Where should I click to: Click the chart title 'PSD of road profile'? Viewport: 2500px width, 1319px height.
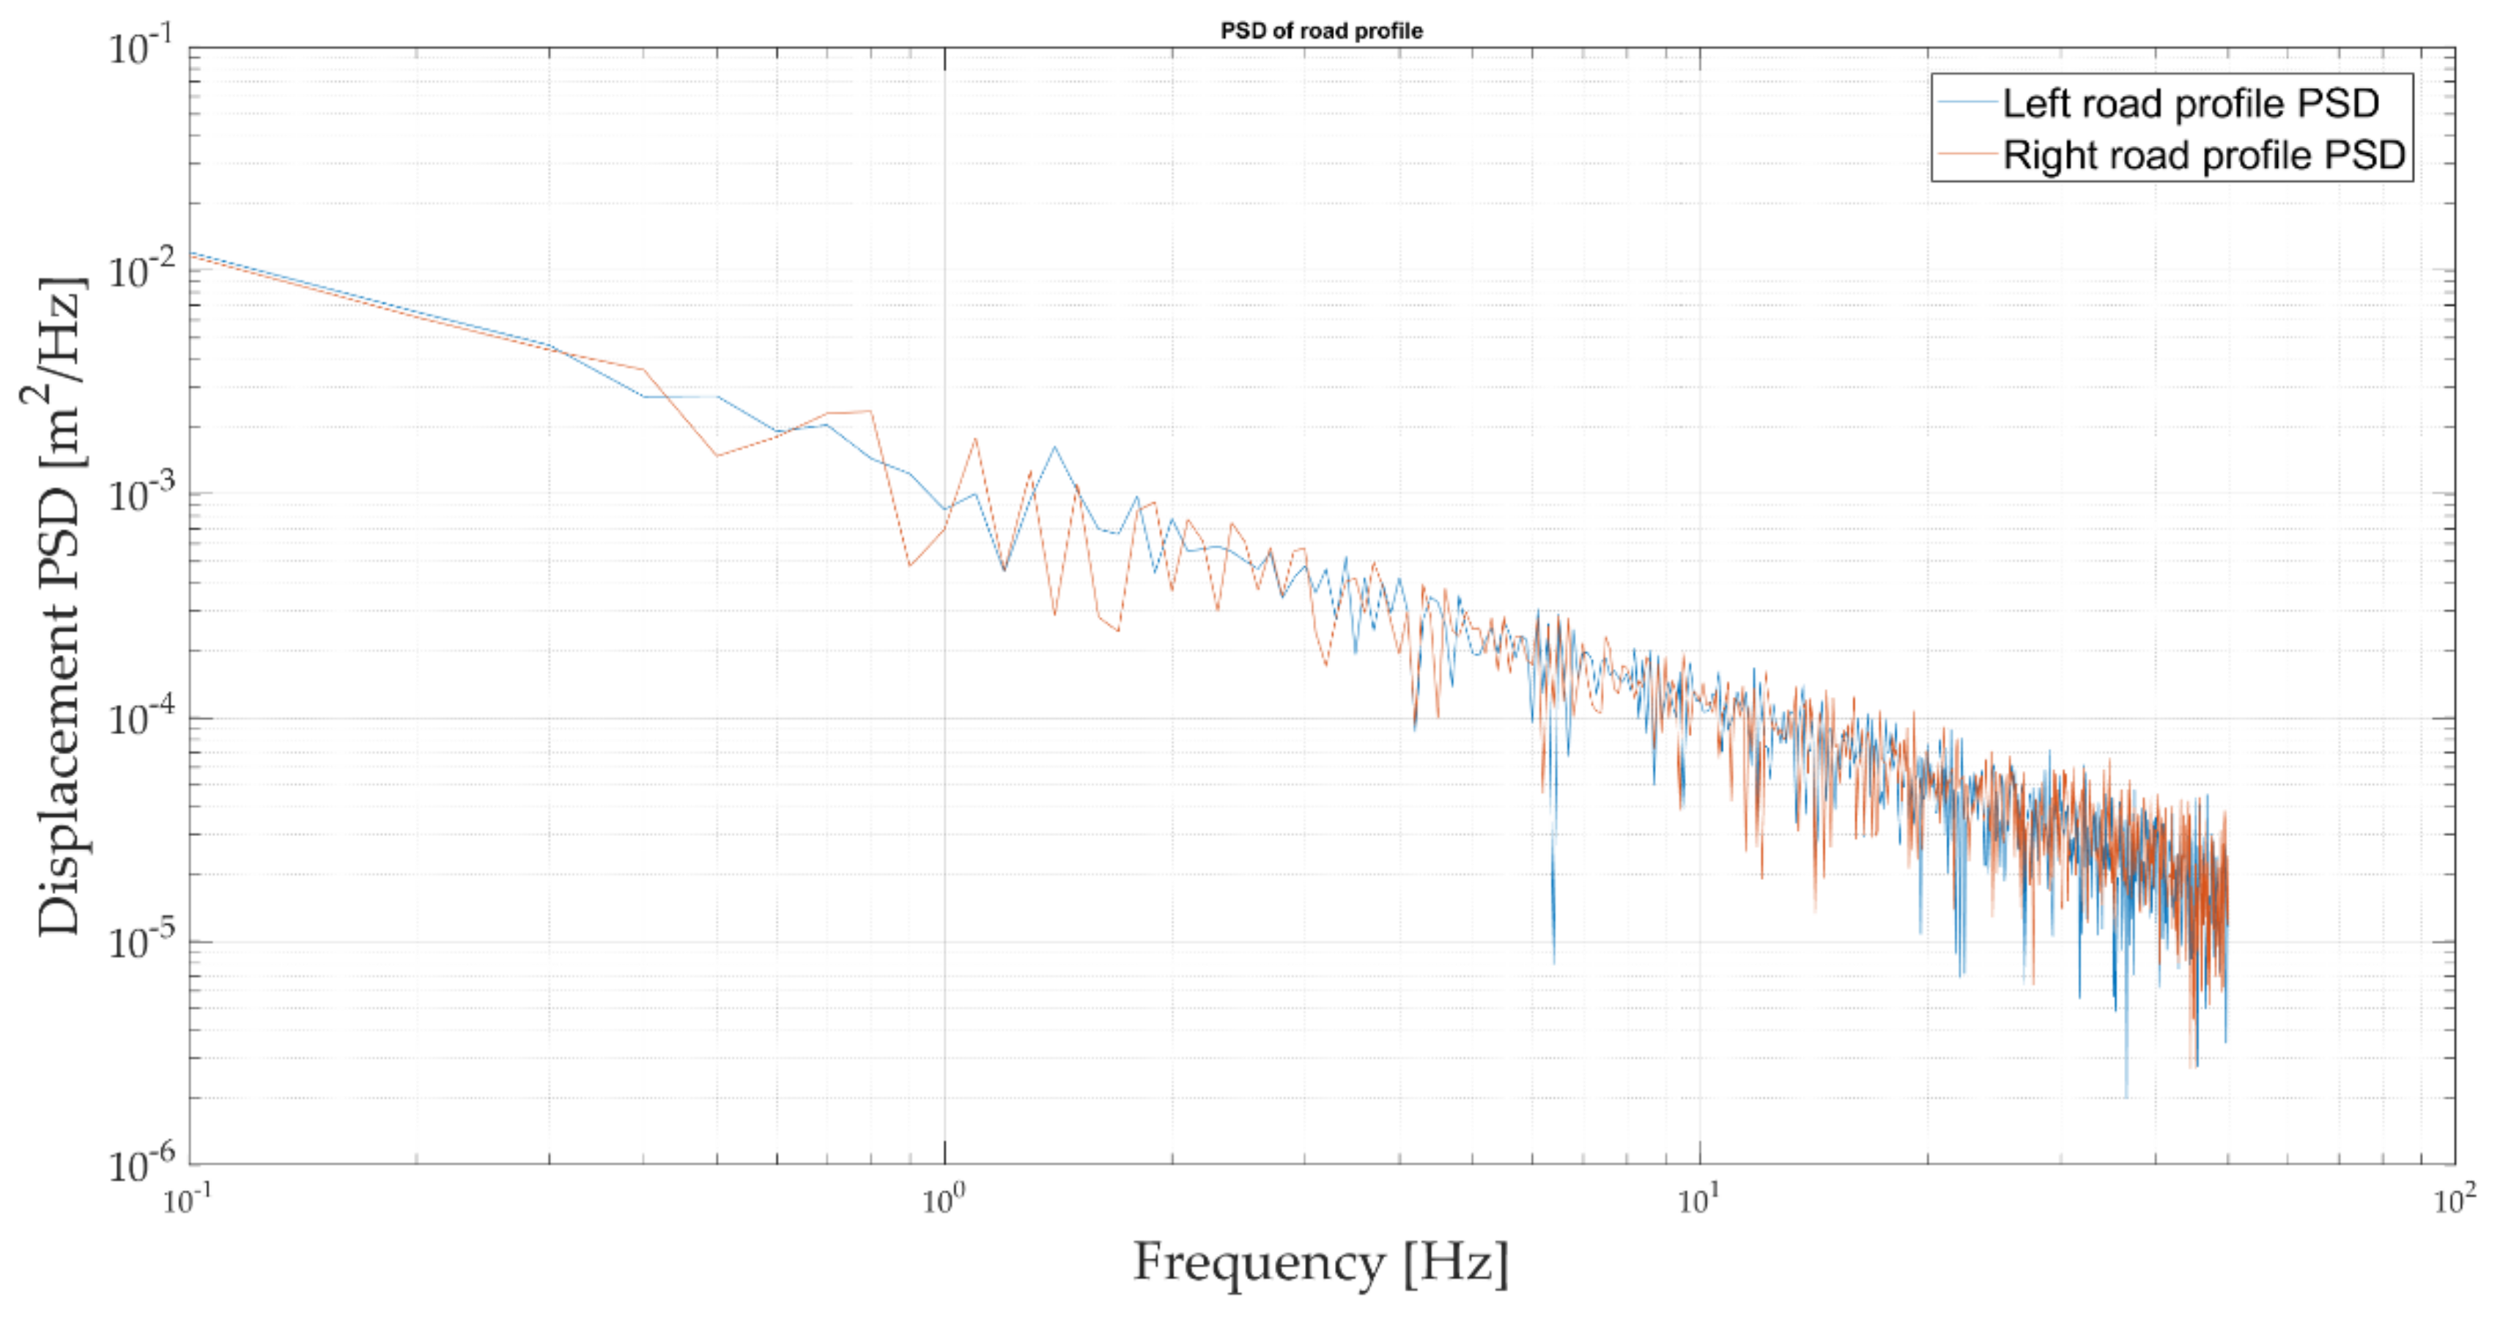(x=1321, y=31)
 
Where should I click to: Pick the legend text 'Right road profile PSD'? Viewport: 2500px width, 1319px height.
(x=2203, y=155)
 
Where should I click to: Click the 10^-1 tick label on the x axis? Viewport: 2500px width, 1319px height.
(x=188, y=1200)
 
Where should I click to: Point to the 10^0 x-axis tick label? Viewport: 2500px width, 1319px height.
(x=943, y=1200)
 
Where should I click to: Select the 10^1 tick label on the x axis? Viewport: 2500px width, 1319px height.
(x=1698, y=1200)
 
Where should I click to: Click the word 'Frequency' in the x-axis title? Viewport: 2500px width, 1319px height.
(x=1259, y=1263)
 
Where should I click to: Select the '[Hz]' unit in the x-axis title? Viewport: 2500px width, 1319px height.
(x=1456, y=1263)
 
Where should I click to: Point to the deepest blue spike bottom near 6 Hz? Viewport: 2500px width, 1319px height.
(x=1554, y=961)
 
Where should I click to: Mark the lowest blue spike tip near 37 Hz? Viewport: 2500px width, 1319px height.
(x=2126, y=1097)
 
